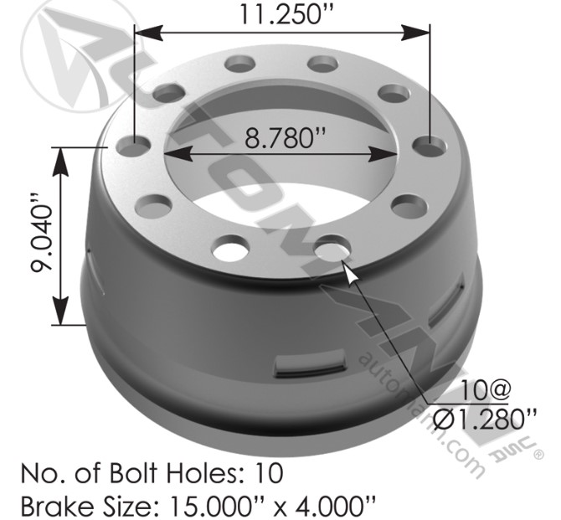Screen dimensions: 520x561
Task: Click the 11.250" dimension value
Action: [282, 14]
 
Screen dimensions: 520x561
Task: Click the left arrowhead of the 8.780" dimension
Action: [172, 153]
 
